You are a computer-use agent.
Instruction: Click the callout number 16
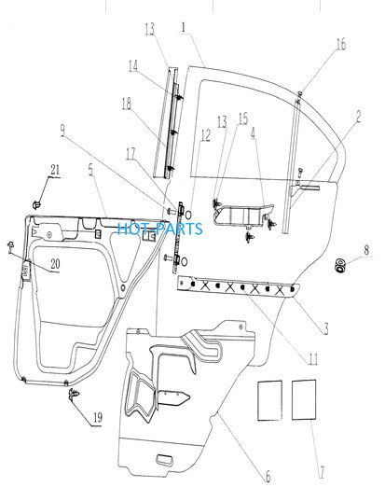[x=341, y=44]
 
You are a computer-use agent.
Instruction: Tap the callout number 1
[x=184, y=27]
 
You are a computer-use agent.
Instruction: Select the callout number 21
[x=55, y=170]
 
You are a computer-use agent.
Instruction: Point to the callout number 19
[x=98, y=417]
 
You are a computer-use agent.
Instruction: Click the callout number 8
[x=366, y=250]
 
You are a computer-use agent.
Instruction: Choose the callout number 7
[x=322, y=472]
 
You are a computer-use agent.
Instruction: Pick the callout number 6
[x=268, y=476]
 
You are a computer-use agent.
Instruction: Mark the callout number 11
[x=313, y=359]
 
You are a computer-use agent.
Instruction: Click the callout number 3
[x=326, y=328]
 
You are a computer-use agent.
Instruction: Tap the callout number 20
[x=55, y=264]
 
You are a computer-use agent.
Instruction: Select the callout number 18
[x=127, y=104]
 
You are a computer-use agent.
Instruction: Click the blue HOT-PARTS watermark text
[x=160, y=229]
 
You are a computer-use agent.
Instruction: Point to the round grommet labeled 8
[x=341, y=265]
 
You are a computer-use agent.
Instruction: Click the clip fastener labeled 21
[x=36, y=204]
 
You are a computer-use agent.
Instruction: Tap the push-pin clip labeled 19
[x=74, y=394]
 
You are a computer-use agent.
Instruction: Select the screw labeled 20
[x=11, y=247]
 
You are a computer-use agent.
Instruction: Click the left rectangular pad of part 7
[x=269, y=400]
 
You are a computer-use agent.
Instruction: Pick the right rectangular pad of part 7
[x=304, y=400]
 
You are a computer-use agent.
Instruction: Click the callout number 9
[x=62, y=131]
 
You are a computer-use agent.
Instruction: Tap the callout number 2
[x=358, y=117]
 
